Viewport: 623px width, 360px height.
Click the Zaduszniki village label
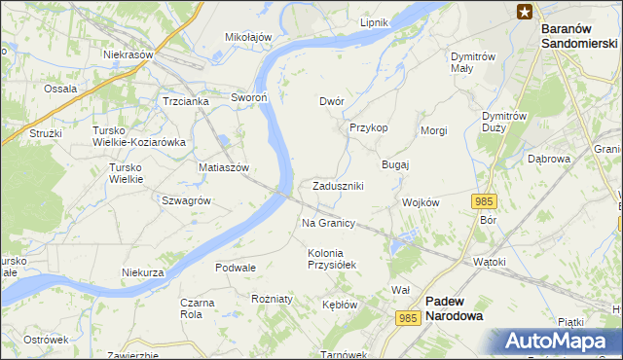coord(339,186)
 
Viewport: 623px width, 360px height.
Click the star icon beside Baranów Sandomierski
coord(525,12)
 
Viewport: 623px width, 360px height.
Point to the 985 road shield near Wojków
coord(485,201)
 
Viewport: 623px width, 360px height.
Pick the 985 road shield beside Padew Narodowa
coord(409,317)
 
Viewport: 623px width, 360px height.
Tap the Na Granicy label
coord(327,223)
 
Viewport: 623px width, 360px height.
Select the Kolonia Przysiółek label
coord(333,259)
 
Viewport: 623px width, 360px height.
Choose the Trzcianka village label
coord(186,101)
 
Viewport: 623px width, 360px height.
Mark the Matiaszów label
coord(225,167)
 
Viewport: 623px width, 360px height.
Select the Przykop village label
coord(369,127)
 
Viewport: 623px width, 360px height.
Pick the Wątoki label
coord(490,262)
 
